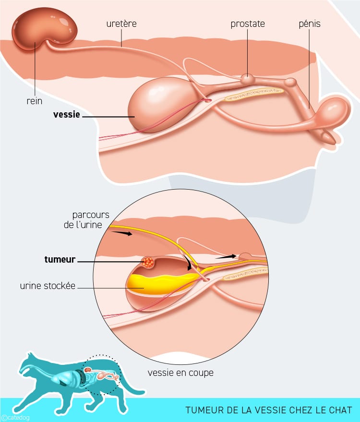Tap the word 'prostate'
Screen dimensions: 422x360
[x=248, y=24]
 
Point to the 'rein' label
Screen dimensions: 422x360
[x=35, y=101]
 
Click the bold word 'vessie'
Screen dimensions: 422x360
[x=66, y=115]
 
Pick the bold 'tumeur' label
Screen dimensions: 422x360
[x=60, y=260]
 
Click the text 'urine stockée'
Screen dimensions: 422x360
[x=48, y=286]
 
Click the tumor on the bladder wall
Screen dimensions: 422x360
[x=148, y=262]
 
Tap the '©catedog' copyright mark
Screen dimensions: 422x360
[x=15, y=418]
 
